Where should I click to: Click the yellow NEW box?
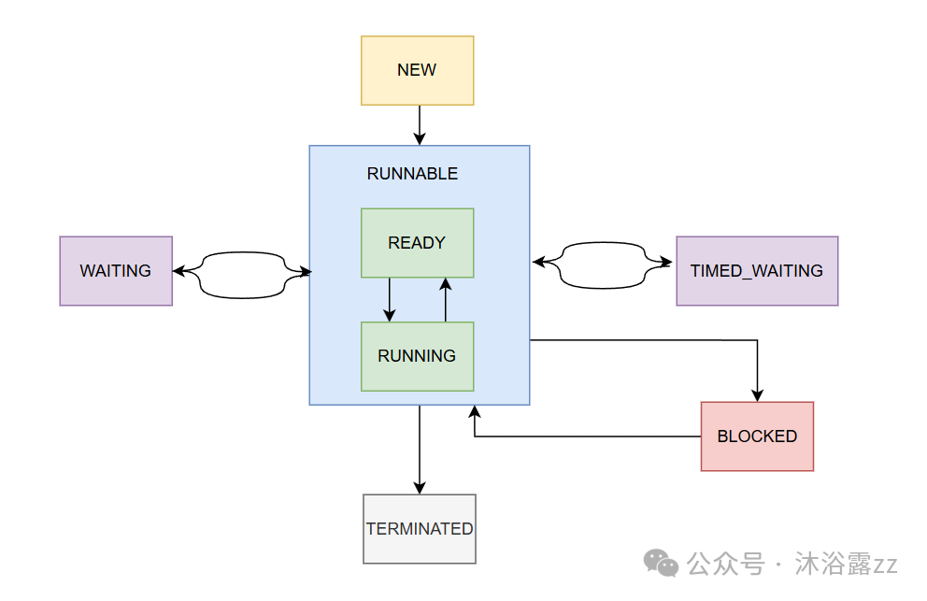(x=417, y=70)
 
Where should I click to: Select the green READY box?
(x=417, y=243)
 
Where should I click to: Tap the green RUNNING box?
(x=417, y=356)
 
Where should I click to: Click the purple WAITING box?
(x=116, y=271)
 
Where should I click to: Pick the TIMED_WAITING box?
(x=757, y=271)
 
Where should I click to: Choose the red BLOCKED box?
(x=757, y=436)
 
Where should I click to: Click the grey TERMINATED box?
(x=420, y=529)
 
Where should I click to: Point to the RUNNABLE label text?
(x=412, y=174)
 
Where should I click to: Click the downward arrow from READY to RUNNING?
(x=390, y=299)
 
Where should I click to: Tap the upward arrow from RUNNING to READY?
(x=446, y=299)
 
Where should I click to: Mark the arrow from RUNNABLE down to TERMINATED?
(x=420, y=449)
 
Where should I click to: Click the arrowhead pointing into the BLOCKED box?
(x=758, y=395)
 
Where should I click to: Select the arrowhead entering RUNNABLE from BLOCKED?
(x=475, y=412)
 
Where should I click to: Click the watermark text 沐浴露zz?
(x=846, y=565)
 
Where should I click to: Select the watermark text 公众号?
(x=725, y=565)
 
